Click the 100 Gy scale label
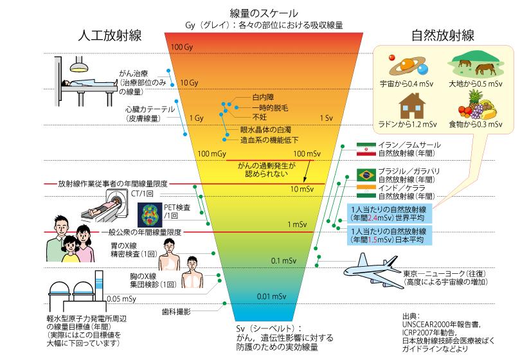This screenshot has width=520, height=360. pyautogui.click(x=183, y=48)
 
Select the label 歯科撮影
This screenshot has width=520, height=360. pyautogui.click(x=176, y=311)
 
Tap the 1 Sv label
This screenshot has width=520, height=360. pyautogui.click(x=326, y=118)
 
